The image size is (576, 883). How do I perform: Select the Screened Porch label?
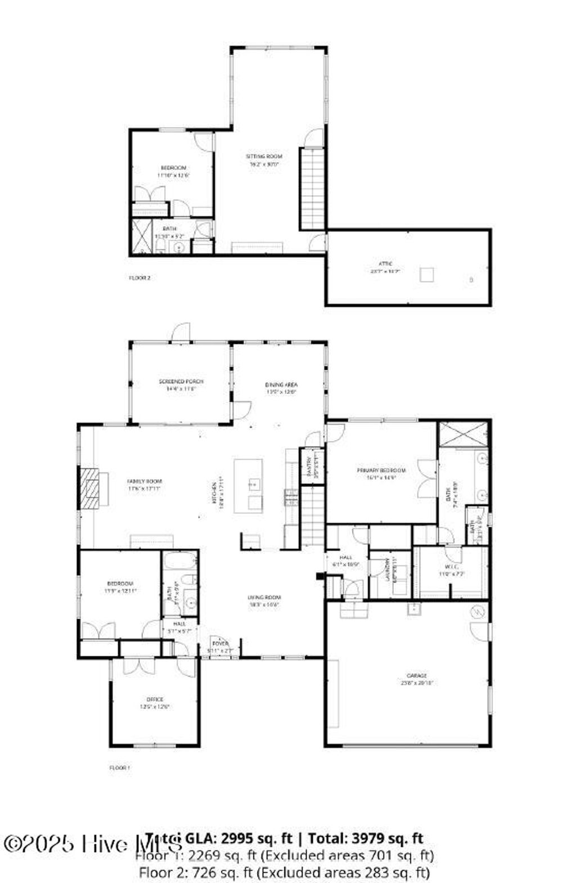point(181,382)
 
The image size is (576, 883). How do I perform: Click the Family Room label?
point(145,481)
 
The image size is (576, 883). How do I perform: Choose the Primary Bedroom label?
point(381,470)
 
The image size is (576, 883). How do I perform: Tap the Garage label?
point(417,675)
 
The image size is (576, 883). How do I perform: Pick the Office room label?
point(155,700)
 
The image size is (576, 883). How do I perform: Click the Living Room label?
point(264,597)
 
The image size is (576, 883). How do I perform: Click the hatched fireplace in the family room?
point(88,488)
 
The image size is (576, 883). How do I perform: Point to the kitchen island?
point(248,485)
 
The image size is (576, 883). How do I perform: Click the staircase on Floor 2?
point(312,188)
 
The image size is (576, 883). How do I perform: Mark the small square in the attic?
point(427,275)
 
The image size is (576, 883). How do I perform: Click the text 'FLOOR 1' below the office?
point(119,767)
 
